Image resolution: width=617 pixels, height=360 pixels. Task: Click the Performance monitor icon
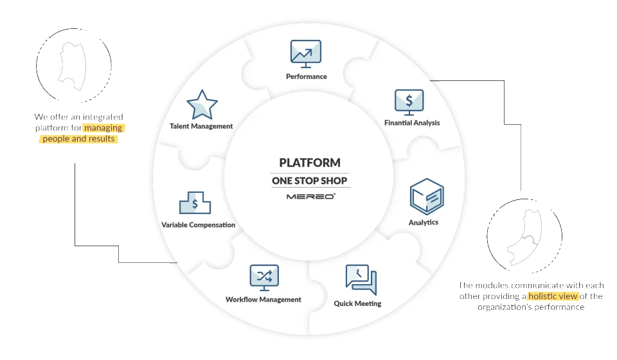point(306,54)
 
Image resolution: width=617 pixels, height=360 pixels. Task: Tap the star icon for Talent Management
point(202,105)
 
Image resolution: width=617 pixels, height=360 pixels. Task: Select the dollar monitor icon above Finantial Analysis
point(409,102)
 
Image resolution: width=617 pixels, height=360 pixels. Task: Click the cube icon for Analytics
point(427,197)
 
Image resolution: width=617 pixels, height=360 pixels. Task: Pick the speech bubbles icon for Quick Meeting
point(361,280)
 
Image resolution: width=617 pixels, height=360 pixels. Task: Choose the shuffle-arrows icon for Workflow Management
point(264,278)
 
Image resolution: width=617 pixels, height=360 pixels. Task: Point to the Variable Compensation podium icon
point(195,203)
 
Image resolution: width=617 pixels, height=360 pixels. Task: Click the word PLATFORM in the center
point(310,163)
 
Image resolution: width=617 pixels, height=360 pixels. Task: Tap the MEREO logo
point(311,196)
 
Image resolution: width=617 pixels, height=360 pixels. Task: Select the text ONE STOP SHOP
point(310,181)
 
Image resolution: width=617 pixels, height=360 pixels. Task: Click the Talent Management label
point(201,126)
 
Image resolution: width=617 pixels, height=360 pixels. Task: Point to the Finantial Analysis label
point(412,123)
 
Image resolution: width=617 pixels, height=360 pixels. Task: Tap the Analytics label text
point(424,222)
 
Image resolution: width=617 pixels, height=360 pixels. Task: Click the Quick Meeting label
point(358,303)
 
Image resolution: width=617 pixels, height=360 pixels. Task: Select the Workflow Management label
point(264,300)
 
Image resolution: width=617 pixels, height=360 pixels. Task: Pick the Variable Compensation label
point(199,224)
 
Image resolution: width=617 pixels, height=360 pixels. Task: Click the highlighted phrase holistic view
point(553,296)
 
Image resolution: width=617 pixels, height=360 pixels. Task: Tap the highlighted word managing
point(103,128)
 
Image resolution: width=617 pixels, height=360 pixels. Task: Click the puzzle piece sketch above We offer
point(72,66)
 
